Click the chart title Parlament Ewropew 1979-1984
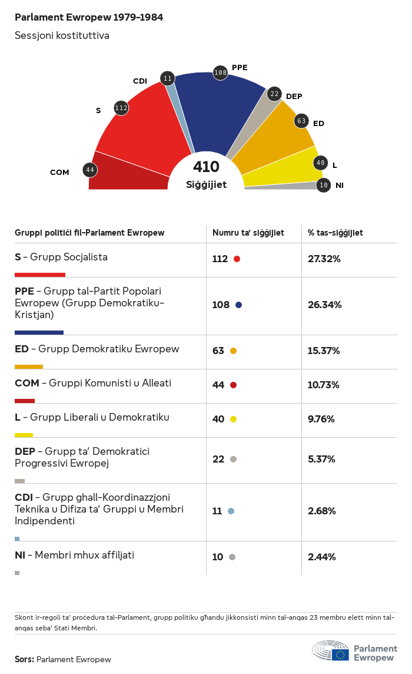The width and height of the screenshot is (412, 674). [89, 18]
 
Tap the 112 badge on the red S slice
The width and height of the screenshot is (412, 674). [121, 108]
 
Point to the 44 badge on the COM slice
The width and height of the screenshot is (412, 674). [90, 170]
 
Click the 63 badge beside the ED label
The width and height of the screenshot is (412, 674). [301, 121]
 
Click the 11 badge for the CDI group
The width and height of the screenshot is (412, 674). [168, 78]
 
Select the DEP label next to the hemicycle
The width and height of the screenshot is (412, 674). [294, 96]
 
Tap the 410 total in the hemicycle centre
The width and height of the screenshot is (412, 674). [206, 167]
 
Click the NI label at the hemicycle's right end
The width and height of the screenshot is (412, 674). [340, 185]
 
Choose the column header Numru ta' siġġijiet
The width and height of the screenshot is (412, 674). [248, 233]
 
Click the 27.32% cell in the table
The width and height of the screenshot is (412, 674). [324, 259]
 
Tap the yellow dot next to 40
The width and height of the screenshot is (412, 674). [233, 419]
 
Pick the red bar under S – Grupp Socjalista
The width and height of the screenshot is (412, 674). [40, 275]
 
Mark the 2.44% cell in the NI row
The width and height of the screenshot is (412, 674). [322, 557]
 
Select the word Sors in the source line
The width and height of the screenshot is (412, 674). [24, 659]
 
